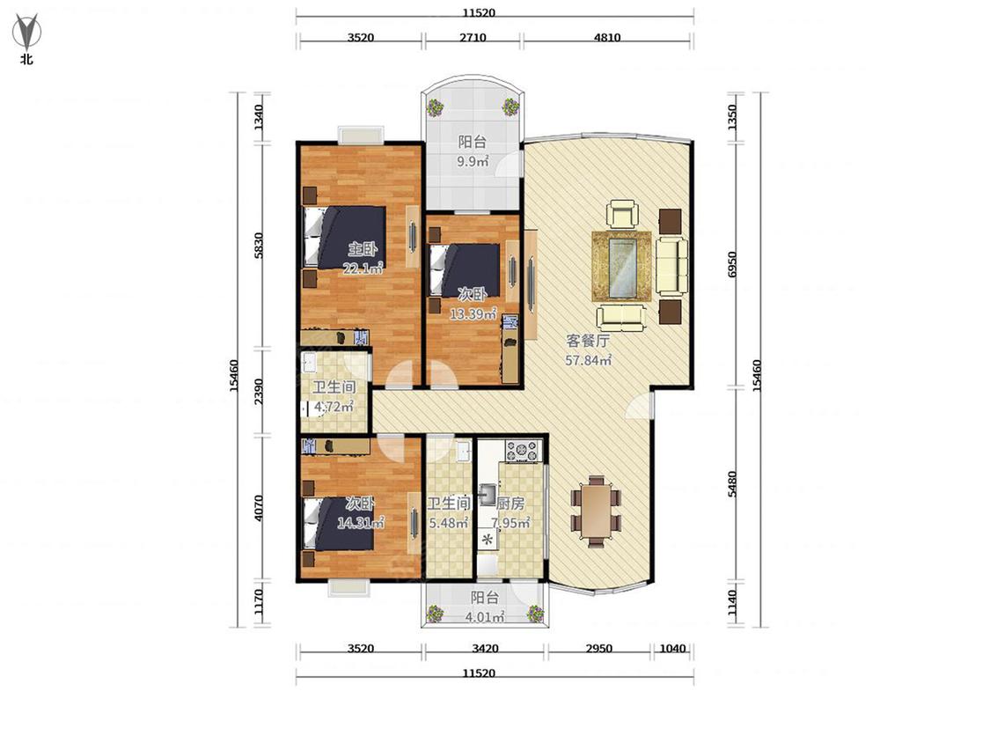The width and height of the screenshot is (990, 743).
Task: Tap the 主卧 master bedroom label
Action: [363, 248]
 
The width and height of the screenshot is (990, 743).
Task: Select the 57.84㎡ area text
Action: [588, 361]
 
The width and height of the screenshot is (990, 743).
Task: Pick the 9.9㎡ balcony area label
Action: [473, 162]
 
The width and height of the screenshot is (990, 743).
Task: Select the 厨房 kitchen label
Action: [510, 504]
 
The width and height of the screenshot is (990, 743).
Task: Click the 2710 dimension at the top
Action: [473, 37]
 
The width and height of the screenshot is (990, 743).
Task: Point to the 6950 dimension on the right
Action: [732, 264]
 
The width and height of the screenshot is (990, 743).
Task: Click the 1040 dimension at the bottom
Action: [672, 648]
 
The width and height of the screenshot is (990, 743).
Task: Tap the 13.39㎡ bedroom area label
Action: [473, 314]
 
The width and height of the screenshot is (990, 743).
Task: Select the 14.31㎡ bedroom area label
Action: [361, 523]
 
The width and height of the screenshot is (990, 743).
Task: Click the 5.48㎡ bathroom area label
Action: [448, 523]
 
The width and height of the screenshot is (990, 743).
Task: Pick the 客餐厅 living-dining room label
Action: [588, 342]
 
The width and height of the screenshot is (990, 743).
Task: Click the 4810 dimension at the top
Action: [606, 37]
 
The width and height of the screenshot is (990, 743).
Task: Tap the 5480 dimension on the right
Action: [732, 484]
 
